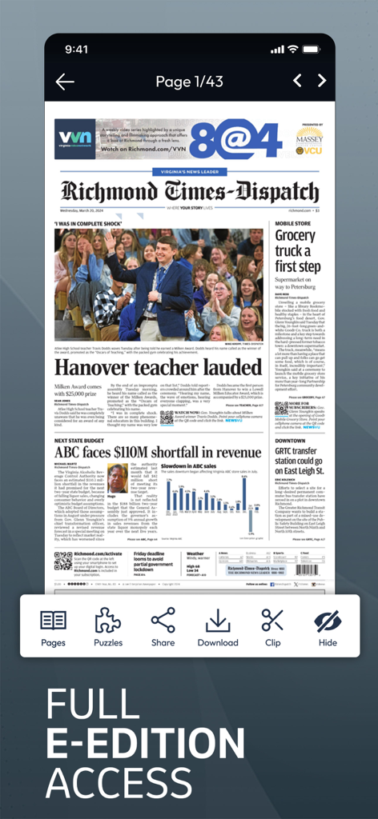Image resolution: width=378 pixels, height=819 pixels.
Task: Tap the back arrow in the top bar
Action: (65, 82)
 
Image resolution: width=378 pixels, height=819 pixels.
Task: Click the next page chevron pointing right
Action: (322, 81)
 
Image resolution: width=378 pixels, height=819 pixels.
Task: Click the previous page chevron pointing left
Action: (297, 81)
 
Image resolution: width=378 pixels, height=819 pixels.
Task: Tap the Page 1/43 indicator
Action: (189, 82)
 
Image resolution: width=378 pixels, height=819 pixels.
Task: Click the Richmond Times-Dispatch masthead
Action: (190, 193)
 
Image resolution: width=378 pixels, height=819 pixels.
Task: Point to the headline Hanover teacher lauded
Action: (158, 366)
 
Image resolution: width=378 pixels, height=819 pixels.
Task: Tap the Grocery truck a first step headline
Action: (297, 250)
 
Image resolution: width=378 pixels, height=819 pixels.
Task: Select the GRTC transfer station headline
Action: (299, 461)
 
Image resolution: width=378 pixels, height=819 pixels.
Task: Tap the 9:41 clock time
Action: (77, 50)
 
